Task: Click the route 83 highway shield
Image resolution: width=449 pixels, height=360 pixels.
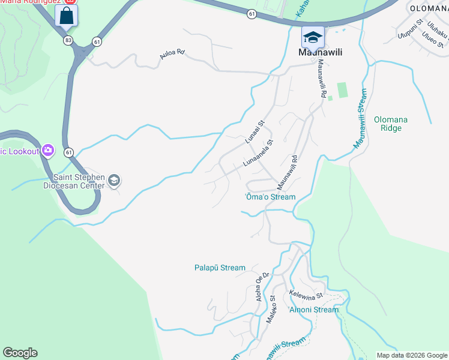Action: click(69, 40)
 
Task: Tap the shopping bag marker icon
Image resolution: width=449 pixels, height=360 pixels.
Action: click(66, 16)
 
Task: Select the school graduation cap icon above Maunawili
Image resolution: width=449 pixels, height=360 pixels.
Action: click(312, 37)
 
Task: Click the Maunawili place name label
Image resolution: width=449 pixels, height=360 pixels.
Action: click(321, 53)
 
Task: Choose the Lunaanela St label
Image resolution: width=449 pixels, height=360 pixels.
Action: click(258, 154)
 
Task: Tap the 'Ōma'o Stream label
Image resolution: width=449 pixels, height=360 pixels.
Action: click(271, 197)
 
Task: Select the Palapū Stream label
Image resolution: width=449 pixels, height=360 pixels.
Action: click(220, 268)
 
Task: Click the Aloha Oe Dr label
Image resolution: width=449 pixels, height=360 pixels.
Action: click(261, 286)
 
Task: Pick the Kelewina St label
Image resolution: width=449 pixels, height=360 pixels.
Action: click(306, 295)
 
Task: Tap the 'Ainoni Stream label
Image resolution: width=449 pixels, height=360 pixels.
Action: click(313, 310)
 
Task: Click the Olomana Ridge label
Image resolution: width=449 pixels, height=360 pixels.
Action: click(391, 124)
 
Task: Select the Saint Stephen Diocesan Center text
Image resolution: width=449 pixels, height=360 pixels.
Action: click(79, 181)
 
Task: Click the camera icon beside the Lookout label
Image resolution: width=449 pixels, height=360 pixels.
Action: click(47, 150)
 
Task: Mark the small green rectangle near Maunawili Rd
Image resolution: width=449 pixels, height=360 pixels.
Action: click(342, 90)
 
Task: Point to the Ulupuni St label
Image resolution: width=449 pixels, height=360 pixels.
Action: click(411, 32)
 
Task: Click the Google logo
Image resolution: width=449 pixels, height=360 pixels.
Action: click(20, 353)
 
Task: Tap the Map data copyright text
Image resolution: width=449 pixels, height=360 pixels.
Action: click(412, 355)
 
